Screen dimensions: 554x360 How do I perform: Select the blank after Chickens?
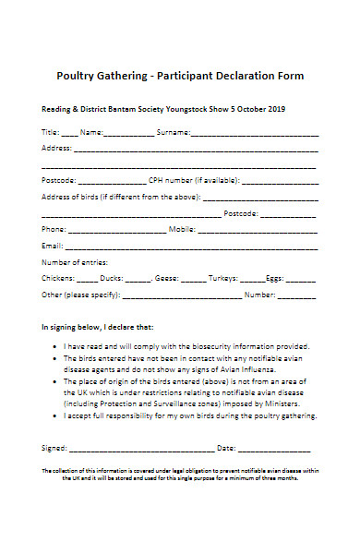coord(87,278)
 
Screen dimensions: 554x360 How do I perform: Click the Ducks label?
coord(113,278)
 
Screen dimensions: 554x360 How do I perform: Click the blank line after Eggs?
coord(301,278)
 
